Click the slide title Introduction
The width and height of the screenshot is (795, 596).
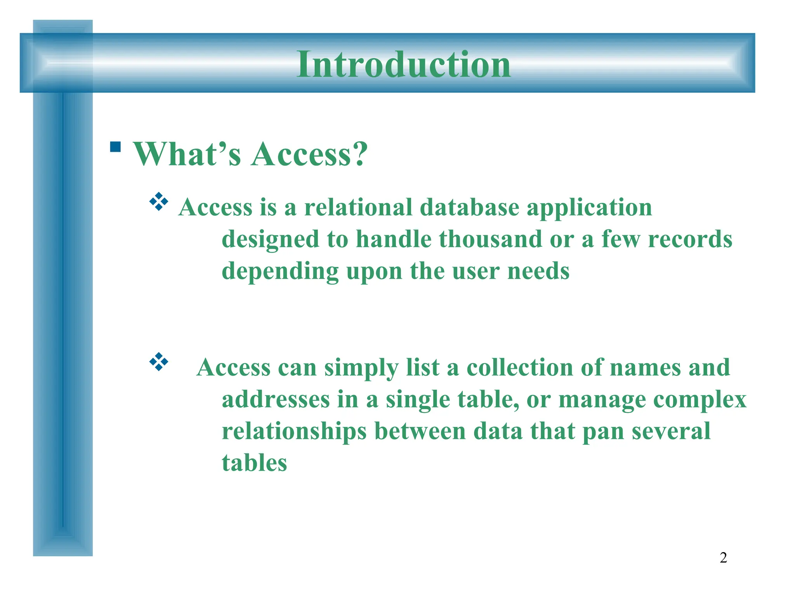click(403, 64)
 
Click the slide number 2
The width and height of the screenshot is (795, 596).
click(723, 558)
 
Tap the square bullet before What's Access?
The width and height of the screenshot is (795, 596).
click(115, 147)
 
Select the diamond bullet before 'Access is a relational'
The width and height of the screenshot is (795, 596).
click(159, 201)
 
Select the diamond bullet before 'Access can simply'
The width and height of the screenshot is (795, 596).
click(159, 362)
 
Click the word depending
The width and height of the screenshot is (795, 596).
click(280, 272)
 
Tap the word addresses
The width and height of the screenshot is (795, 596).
click(276, 399)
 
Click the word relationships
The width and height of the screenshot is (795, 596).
click(294, 432)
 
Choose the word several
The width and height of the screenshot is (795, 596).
click(671, 431)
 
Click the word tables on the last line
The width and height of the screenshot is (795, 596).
click(254, 463)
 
